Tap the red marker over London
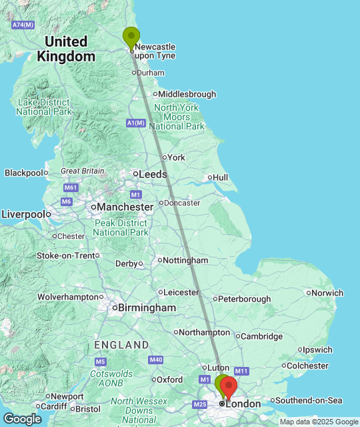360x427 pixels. click(x=228, y=388)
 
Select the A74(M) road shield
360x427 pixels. click(x=23, y=25)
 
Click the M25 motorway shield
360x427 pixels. click(x=199, y=404)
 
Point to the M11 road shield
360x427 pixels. click(x=241, y=371)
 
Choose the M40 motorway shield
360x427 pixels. click(x=156, y=360)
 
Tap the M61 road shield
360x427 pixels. click(x=71, y=187)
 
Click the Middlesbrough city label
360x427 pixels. click(x=187, y=94)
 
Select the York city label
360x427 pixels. click(x=176, y=157)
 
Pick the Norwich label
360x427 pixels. click(x=327, y=293)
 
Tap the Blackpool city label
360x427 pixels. click(x=23, y=173)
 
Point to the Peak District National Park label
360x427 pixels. click(x=121, y=228)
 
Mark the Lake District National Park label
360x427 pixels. click(x=44, y=107)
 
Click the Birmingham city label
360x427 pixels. click(x=147, y=308)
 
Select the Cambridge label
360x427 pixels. click(x=263, y=336)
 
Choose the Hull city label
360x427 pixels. click(x=220, y=177)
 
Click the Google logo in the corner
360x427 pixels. click(x=22, y=419)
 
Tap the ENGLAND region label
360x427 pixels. click(x=121, y=345)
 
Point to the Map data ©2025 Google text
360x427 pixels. click(x=319, y=422)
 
